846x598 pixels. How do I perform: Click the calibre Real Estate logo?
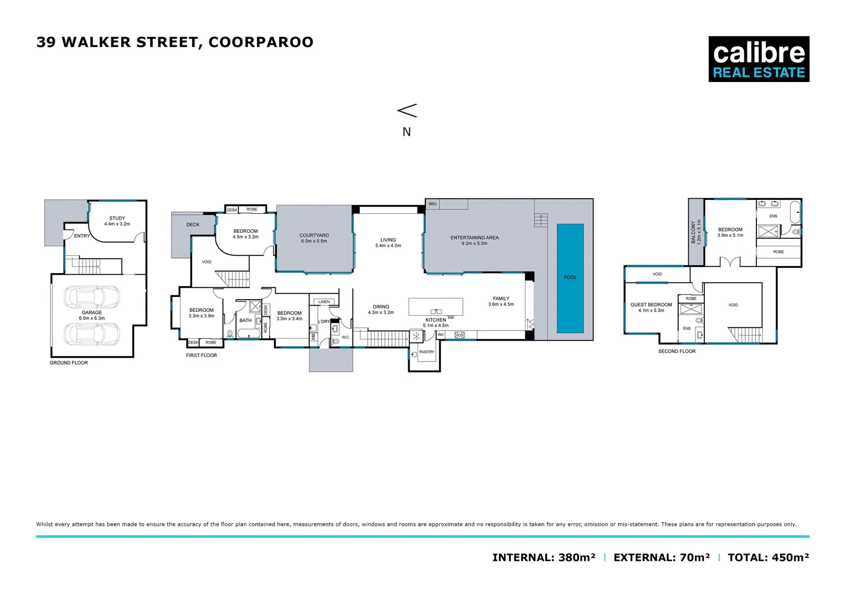coord(759,59)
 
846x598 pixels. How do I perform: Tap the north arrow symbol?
coord(407,111)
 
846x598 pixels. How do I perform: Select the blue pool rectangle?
coord(570,278)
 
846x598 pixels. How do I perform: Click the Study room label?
coord(117,218)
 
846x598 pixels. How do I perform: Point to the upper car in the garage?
coord(92,297)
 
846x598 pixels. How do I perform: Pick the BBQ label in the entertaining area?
coord(432,204)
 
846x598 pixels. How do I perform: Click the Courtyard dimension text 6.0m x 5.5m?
coord(314,241)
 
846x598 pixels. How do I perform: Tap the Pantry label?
coord(426,352)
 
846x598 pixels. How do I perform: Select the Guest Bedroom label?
coord(651,305)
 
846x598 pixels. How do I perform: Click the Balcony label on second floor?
coord(693,232)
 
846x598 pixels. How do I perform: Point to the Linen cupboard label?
coord(324,302)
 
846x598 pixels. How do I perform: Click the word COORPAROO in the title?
coord(261,42)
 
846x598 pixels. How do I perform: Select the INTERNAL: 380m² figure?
coord(544,558)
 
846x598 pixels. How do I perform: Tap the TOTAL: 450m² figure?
coord(768,558)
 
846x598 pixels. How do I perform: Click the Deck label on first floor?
coord(193,225)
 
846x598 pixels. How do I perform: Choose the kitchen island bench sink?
coord(436,311)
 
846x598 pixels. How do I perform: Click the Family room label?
coord(501,298)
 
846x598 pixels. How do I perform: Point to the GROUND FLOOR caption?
coord(69,363)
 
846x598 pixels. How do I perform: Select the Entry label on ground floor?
coord(82,236)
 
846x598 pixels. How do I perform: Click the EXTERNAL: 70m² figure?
coord(662,558)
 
